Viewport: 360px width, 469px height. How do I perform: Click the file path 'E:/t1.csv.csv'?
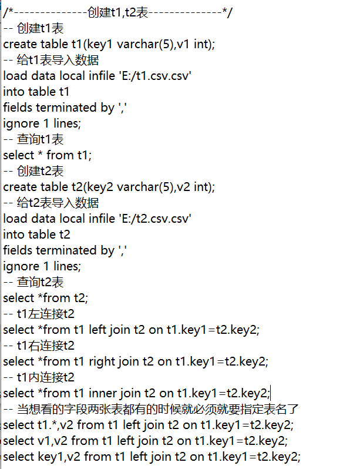155,76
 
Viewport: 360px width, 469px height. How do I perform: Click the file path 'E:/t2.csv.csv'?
155,219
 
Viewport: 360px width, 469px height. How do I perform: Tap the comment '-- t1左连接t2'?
39,314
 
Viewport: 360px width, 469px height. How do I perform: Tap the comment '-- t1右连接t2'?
39,346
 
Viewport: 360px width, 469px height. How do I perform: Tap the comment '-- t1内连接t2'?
39,377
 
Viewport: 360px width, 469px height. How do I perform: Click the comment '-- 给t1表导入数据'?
51,60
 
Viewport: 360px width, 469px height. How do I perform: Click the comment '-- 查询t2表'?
33,282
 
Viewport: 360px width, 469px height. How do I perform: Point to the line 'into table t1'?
36,92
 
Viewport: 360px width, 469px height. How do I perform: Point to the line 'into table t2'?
37,234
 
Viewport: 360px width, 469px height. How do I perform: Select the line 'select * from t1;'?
48,155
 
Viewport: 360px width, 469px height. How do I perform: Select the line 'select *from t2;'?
46,298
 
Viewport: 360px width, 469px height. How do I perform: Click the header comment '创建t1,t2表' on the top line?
118,12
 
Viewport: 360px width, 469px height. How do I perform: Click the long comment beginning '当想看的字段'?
158,409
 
